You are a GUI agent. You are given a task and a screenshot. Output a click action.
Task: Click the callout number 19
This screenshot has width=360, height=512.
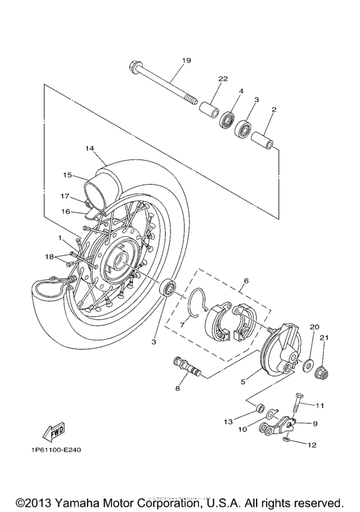click(186, 60)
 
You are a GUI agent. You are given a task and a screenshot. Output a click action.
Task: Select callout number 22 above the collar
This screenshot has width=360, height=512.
click(223, 78)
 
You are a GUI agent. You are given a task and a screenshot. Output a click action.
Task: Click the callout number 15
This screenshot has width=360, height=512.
click(67, 174)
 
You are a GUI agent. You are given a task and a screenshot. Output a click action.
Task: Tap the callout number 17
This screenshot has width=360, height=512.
click(65, 196)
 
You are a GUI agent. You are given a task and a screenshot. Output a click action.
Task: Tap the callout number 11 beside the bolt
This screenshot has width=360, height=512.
click(319, 405)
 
